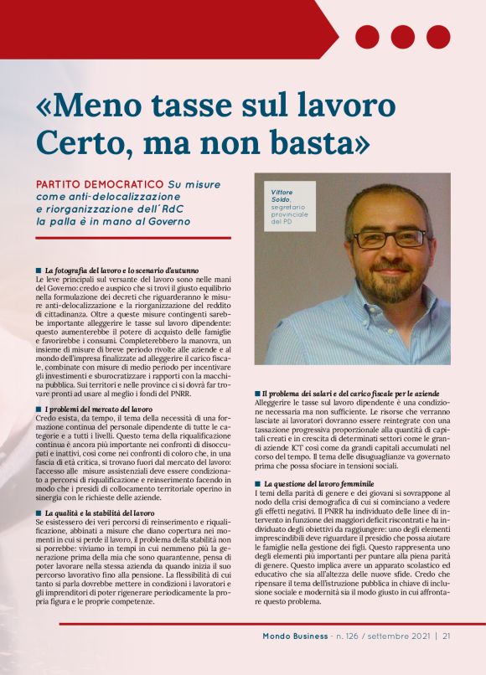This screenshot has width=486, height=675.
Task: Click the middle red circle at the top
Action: pyautogui.click(x=402, y=37)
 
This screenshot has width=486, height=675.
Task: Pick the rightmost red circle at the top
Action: pyautogui.click(x=438, y=37)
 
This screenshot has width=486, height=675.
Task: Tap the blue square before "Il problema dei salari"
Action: pyautogui.click(x=257, y=394)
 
